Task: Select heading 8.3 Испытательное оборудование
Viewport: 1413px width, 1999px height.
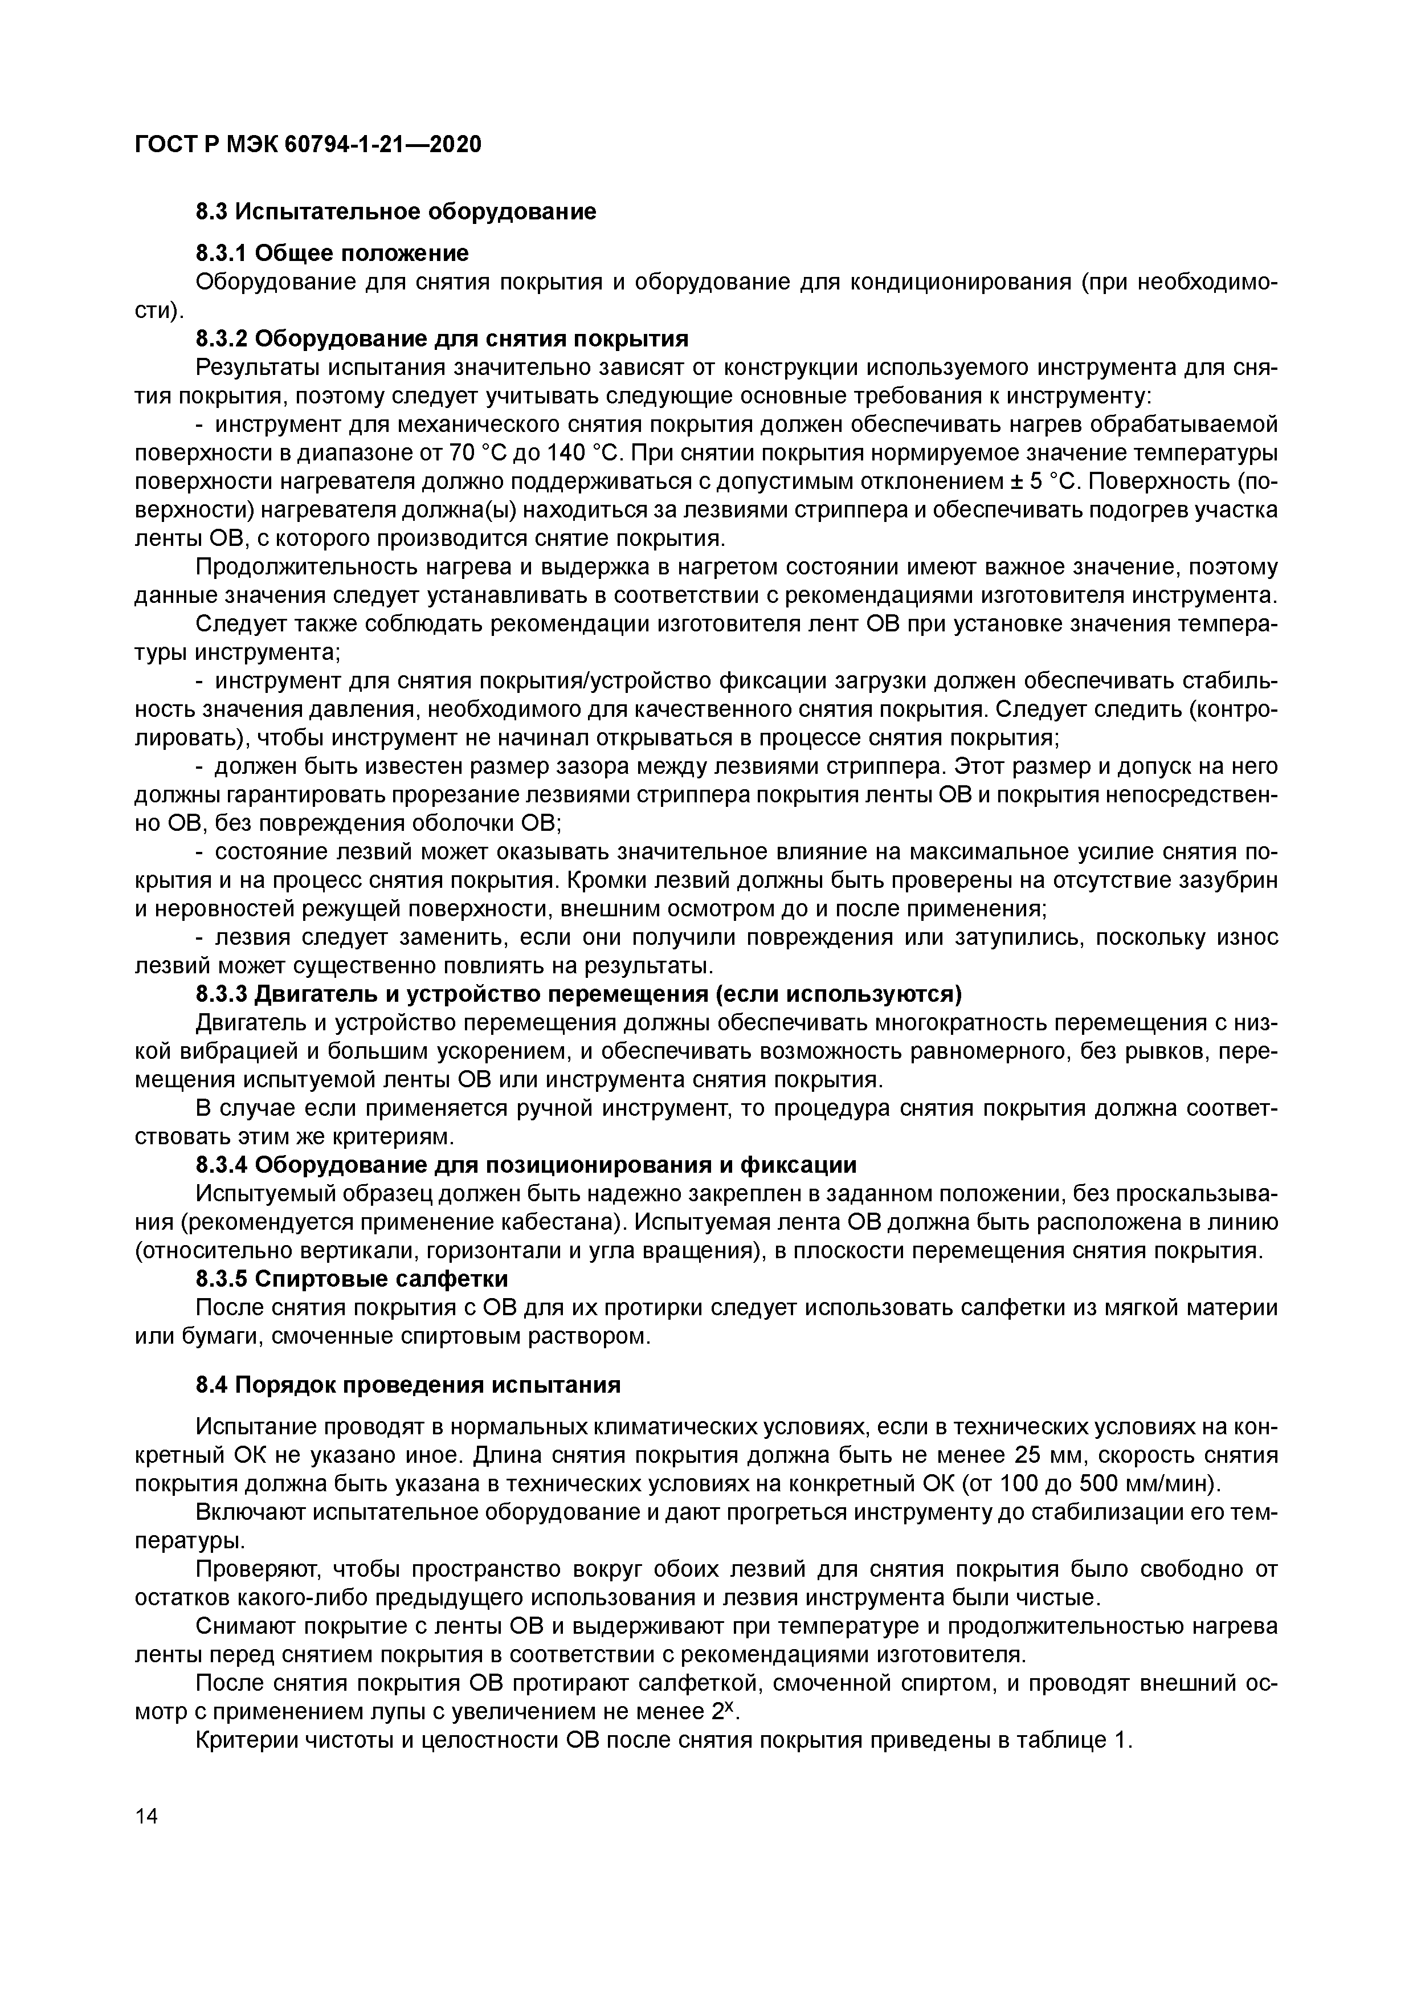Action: pos(396,211)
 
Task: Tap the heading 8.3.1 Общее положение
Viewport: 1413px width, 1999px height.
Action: pos(332,254)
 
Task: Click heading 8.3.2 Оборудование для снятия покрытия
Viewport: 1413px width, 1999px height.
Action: pos(442,338)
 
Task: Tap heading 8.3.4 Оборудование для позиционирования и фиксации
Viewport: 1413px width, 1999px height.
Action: pos(526,1165)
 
